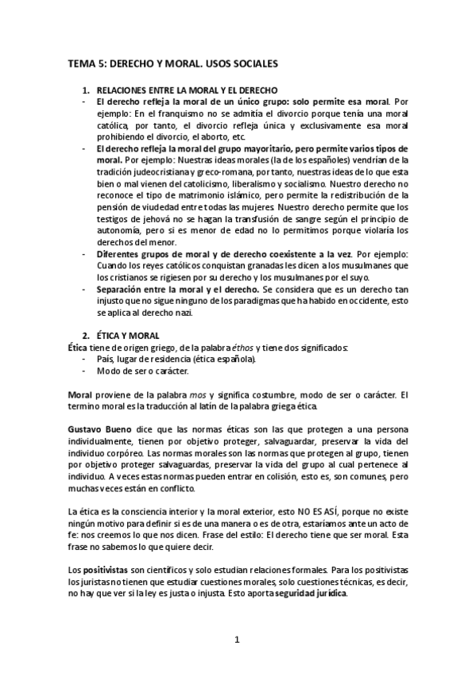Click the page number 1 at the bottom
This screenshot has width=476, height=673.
tap(237, 639)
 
